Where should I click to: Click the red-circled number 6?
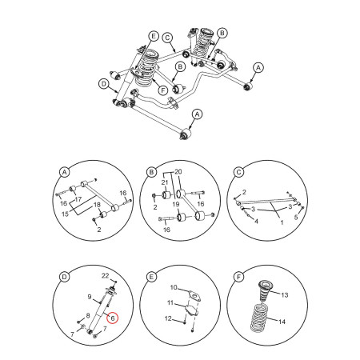coord(113,318)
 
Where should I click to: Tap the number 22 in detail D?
coord(104,276)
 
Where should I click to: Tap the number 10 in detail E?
coord(173,288)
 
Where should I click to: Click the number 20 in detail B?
coord(178,173)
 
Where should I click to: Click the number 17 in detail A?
coord(78,199)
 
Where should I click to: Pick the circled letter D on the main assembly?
coord(103,83)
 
